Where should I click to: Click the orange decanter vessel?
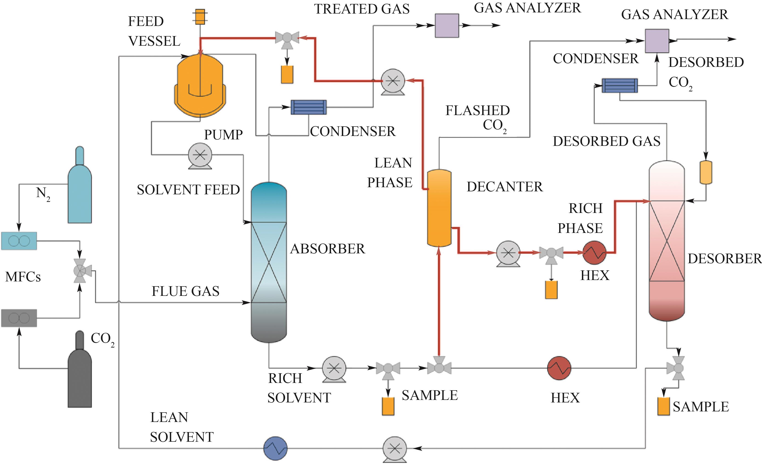pyautogui.click(x=439, y=208)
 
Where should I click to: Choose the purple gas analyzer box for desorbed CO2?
pyautogui.click(x=657, y=41)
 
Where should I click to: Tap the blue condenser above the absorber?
pyautogui.click(x=309, y=107)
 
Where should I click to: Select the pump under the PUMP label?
pyautogui.click(x=200, y=155)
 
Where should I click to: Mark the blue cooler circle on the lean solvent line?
pyautogui.click(x=275, y=448)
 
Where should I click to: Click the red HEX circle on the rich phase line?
pyautogui.click(x=594, y=252)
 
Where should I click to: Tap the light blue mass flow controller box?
pyautogui.click(x=19, y=241)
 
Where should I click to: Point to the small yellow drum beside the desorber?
pyautogui.click(x=706, y=172)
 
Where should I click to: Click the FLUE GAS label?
pyautogui.click(x=186, y=291)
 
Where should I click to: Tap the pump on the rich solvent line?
pyautogui.click(x=334, y=368)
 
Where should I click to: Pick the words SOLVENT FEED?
pyautogui.click(x=188, y=190)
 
